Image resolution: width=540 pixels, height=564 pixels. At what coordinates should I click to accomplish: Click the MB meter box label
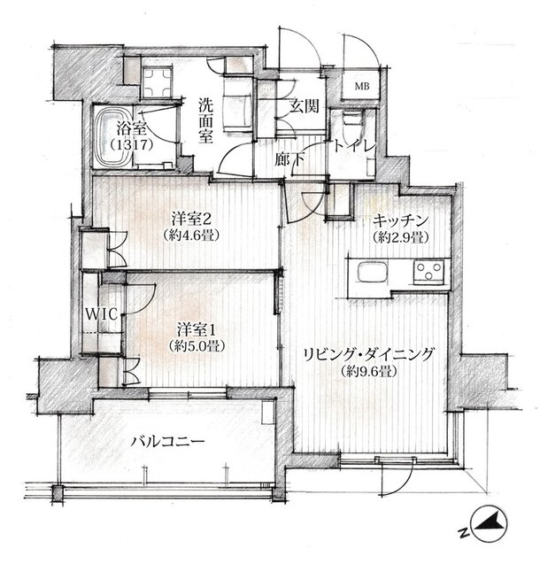362,87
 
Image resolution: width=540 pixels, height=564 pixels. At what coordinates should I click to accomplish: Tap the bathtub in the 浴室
113,137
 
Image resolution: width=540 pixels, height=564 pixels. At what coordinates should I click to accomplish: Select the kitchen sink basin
372,273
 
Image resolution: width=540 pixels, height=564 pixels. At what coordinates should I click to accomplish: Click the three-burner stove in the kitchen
428,272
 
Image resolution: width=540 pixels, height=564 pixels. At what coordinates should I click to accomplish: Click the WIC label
102,314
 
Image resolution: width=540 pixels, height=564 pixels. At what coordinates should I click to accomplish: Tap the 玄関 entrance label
305,105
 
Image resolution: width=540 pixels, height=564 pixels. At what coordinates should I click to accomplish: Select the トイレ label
354,146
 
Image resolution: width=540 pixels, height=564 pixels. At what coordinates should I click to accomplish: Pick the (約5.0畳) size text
197,346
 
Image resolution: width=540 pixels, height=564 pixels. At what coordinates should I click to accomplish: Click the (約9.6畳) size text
368,371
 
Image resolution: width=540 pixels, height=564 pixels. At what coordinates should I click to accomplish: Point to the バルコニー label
168,441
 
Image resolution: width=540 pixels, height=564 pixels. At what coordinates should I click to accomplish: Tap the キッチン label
400,220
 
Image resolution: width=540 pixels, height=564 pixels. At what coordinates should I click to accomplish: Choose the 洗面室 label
206,121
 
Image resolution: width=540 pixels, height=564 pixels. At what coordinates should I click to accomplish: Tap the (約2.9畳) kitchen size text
400,237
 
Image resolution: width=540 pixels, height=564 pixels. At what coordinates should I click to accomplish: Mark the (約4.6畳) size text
190,236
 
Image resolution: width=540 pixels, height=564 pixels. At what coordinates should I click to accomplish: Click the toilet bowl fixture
351,122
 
